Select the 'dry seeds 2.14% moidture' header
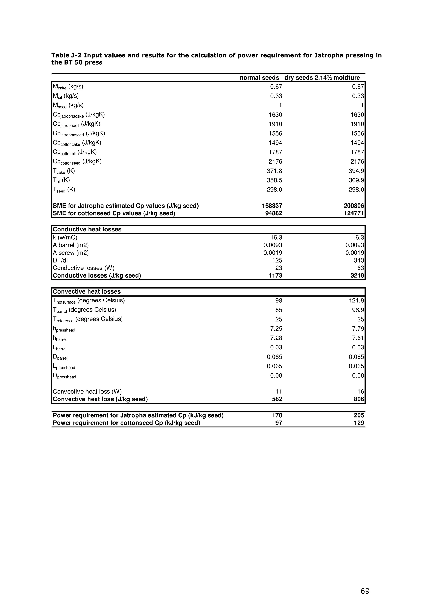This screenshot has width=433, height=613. point(322,78)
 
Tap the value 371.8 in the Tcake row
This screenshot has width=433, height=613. point(274,171)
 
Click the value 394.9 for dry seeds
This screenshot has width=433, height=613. point(356,171)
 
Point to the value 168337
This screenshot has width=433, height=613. point(272,206)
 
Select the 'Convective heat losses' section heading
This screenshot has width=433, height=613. point(87,291)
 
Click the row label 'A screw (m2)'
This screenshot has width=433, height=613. point(71,253)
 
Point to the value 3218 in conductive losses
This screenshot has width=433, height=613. point(357,276)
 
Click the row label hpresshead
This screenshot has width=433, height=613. point(64,329)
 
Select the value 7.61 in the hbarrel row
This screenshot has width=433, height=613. point(358,338)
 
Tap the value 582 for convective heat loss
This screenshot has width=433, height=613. point(277,399)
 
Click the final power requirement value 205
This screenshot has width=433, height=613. point(359,415)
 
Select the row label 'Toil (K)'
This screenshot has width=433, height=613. point(61,180)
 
